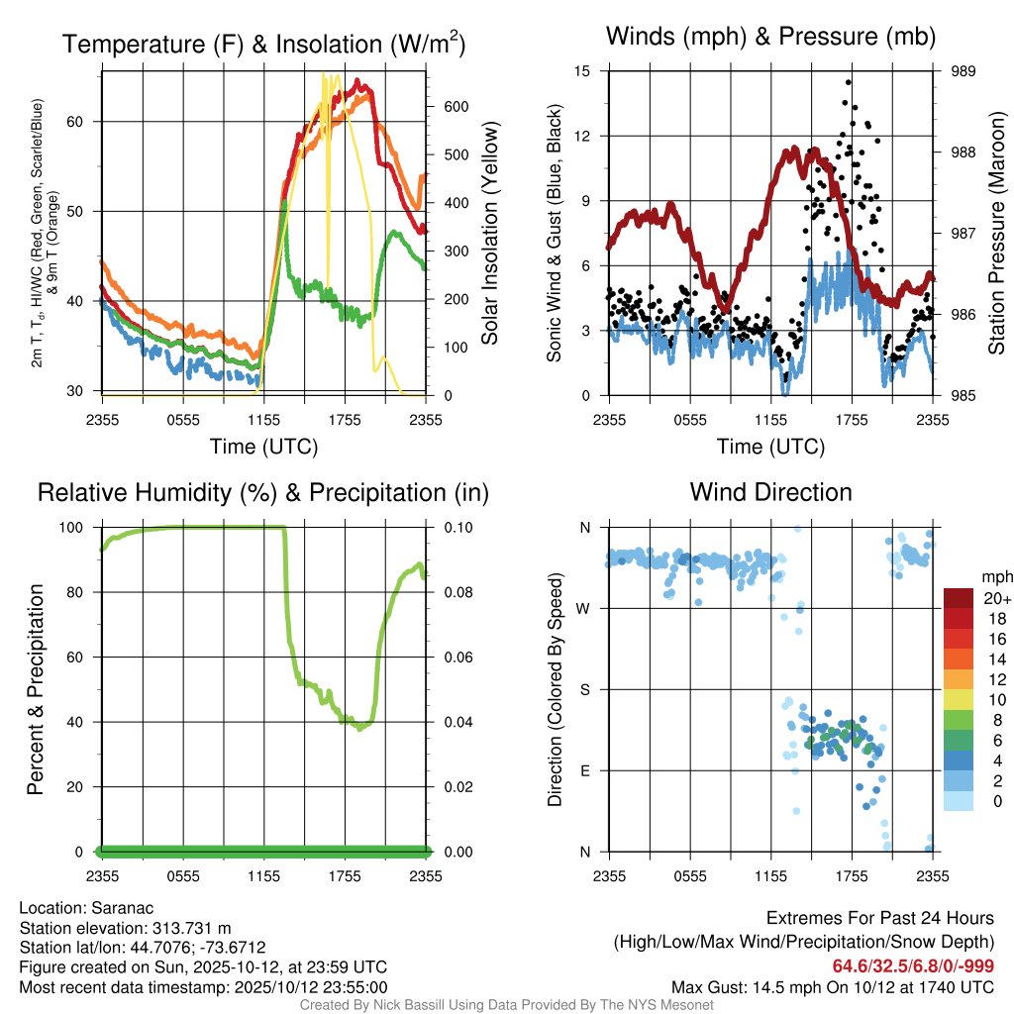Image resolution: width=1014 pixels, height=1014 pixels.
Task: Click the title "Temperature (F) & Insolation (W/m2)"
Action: coord(264,44)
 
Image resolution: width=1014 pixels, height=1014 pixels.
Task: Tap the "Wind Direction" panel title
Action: coord(770,492)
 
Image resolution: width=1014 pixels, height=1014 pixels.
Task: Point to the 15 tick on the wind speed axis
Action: coord(582,71)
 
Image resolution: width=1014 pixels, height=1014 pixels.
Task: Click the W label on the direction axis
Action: coord(583,608)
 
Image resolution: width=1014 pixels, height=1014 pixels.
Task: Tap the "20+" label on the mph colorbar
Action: coord(995,598)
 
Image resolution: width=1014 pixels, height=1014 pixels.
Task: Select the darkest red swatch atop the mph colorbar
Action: coord(961,598)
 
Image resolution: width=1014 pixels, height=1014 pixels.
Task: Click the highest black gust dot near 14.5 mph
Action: coord(849,83)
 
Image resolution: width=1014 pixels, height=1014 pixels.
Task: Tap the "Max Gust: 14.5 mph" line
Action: coord(832,986)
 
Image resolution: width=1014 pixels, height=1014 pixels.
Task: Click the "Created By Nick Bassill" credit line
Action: coord(506,1005)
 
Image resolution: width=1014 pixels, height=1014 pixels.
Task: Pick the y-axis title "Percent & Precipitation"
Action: coord(35,689)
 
